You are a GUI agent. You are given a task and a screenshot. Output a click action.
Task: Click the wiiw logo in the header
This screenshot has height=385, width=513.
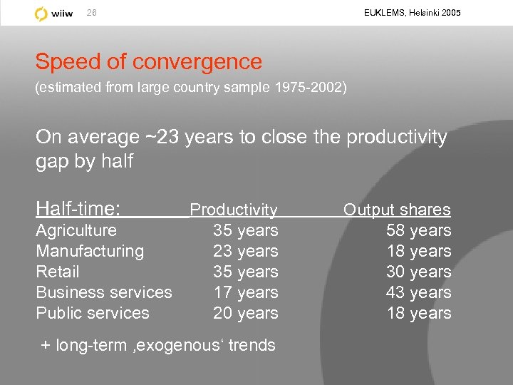point(54,14)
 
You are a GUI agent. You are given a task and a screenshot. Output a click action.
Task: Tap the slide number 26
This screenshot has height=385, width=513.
point(92,14)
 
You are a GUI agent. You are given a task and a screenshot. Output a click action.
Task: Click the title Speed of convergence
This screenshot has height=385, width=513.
point(149,62)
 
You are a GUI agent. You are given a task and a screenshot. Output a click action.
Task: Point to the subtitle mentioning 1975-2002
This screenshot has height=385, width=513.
point(191,88)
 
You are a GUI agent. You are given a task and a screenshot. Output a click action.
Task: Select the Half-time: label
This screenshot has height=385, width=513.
point(78,209)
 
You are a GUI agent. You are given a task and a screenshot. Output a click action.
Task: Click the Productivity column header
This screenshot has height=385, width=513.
point(234,210)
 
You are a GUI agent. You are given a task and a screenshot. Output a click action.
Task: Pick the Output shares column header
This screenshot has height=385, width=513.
point(397,210)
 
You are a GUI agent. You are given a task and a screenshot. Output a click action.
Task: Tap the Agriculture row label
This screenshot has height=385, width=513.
point(76,230)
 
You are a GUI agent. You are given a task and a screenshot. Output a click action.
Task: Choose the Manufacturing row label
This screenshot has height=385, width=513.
point(90,251)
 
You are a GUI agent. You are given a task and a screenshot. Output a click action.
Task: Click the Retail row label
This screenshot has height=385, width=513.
point(58,272)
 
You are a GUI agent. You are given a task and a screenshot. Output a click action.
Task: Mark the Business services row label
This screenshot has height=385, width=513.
point(104,292)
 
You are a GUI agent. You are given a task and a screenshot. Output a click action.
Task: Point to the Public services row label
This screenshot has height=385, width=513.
point(93,313)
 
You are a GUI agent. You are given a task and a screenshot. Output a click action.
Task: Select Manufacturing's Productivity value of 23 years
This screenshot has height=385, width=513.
point(246,251)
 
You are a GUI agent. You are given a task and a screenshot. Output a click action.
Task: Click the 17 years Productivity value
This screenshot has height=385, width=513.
point(246,292)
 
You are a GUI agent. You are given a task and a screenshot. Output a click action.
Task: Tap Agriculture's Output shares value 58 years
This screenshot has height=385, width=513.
point(419,230)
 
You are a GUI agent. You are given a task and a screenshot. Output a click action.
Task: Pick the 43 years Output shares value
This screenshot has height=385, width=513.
point(419,292)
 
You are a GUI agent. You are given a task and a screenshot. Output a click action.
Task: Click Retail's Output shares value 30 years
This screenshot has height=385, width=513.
point(419,272)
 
